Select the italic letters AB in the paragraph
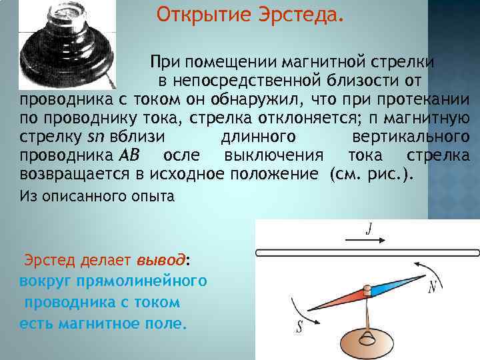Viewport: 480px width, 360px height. pyautogui.click(x=127, y=156)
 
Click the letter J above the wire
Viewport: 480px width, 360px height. pyautogui.click(x=368, y=231)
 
